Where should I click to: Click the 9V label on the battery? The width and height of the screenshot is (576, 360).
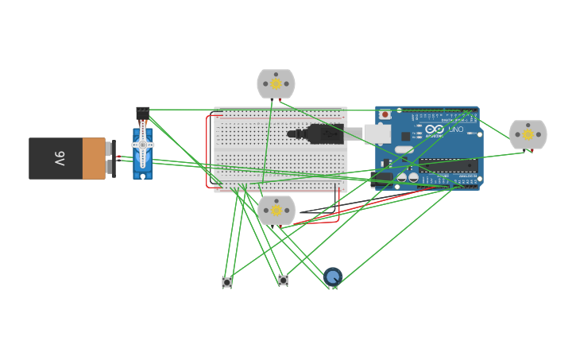60,158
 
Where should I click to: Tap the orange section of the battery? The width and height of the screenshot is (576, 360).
94,158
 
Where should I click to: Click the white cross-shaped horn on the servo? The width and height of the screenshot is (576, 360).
143,145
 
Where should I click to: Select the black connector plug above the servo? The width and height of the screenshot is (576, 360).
142,113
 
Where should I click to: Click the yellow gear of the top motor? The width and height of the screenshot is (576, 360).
276,83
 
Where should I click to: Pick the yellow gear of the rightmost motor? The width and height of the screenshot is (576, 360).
528,134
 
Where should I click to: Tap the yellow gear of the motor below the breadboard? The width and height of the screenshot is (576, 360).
276,211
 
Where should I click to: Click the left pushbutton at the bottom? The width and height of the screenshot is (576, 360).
226,282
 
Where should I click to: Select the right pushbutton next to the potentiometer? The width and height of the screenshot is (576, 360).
283,281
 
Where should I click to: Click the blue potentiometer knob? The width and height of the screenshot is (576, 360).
333,277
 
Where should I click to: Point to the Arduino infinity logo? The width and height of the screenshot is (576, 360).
435,129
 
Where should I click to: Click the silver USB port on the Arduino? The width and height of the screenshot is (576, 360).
377,134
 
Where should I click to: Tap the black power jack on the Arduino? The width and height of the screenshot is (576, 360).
381,178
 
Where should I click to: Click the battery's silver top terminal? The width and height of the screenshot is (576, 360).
108,149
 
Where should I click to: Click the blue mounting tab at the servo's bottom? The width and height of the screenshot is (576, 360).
142,175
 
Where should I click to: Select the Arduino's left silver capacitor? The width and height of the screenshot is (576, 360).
402,177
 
